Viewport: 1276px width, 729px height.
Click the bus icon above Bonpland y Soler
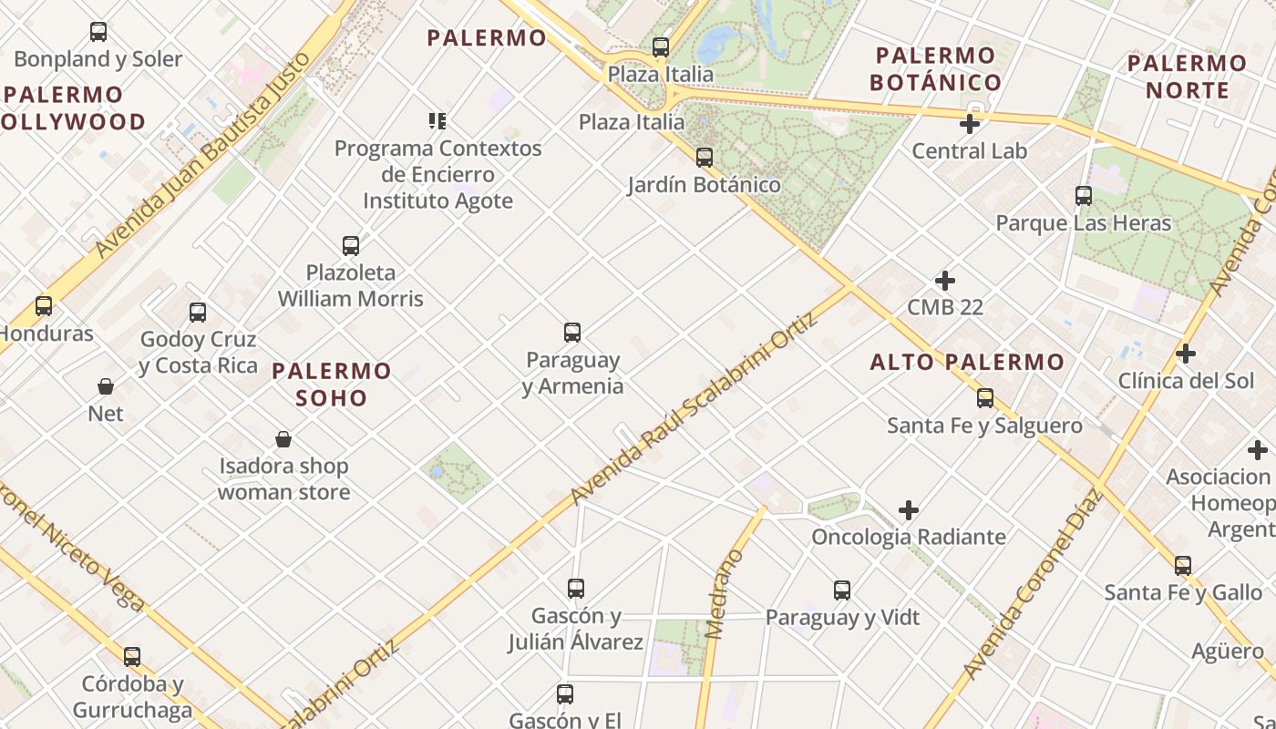[98, 32]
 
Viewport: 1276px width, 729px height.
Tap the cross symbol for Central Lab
[970, 123]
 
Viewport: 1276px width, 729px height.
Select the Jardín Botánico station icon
[705, 158]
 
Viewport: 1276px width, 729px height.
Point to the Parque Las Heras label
[1083, 223]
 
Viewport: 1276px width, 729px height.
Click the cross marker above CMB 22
[945, 281]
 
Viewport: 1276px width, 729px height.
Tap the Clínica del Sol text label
[1186, 381]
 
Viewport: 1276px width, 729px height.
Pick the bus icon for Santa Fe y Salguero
[985, 398]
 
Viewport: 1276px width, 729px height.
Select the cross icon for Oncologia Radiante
[909, 510]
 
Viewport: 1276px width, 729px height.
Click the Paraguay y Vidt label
[842, 618]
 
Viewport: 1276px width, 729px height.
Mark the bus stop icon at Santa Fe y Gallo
[1183, 566]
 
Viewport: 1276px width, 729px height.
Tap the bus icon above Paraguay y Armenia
[572, 333]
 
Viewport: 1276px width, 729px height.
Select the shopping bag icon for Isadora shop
[283, 440]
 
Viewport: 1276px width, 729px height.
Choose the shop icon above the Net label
[106, 387]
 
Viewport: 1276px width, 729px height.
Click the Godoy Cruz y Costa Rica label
[198, 353]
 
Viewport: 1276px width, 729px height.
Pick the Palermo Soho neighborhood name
[332, 384]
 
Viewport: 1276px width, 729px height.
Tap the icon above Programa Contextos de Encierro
[437, 120]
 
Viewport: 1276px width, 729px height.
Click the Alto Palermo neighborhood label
[967, 362]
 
